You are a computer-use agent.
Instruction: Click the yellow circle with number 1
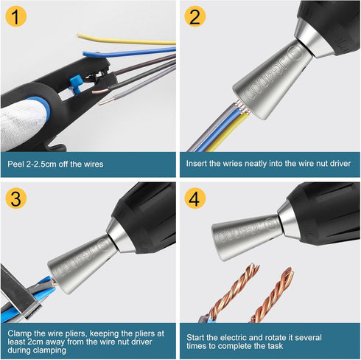click(18, 18)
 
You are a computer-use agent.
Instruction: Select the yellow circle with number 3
click(18, 199)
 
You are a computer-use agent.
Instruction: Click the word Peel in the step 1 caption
click(17, 164)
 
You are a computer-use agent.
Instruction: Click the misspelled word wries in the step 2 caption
click(236, 164)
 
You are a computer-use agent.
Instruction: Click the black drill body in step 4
click(324, 214)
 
